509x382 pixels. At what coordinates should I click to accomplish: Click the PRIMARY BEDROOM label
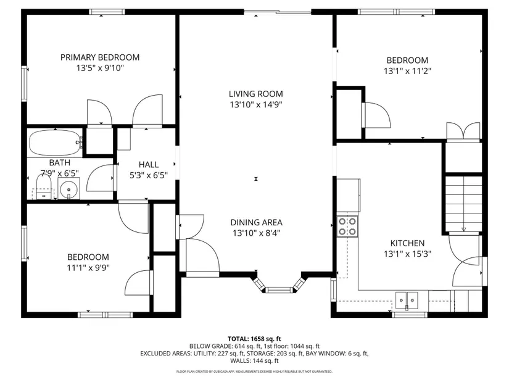tap(100, 57)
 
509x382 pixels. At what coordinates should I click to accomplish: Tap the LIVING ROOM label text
tap(256, 94)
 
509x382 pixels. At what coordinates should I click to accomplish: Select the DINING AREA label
tap(256, 223)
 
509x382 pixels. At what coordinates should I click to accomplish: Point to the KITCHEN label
tap(407, 243)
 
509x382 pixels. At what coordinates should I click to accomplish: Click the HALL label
tap(149, 165)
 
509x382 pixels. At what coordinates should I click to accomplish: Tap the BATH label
tap(60, 162)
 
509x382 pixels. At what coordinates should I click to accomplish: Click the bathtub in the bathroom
tap(56, 143)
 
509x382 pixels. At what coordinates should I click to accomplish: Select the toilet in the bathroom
tap(44, 187)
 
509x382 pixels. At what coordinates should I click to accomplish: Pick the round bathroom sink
tap(69, 188)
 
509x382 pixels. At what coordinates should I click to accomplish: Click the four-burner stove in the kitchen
tap(347, 226)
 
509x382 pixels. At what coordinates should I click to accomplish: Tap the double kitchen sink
tap(407, 301)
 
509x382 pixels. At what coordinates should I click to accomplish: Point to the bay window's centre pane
tap(278, 290)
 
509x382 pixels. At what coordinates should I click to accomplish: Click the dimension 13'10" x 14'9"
tap(256, 104)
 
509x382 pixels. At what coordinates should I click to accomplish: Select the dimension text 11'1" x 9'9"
tap(88, 268)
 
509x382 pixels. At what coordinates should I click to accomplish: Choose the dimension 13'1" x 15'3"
tap(407, 254)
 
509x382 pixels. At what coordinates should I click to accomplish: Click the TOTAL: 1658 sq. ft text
tap(254, 339)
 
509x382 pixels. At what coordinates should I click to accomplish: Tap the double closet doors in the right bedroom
tap(463, 132)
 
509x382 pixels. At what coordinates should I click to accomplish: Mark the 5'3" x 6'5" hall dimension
tap(149, 175)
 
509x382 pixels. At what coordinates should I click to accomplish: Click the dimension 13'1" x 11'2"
tap(407, 71)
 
